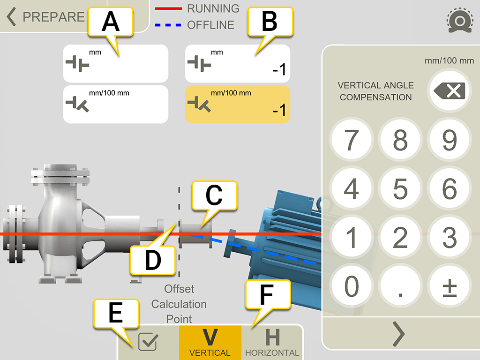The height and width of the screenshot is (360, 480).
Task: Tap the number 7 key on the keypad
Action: (352, 140)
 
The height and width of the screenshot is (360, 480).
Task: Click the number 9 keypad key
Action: (450, 140)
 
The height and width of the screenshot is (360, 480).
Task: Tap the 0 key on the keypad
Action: (352, 286)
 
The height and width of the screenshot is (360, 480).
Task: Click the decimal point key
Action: (400, 286)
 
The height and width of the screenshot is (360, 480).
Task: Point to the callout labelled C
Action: (214, 197)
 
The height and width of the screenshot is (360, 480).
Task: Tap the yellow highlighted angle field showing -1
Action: (238, 105)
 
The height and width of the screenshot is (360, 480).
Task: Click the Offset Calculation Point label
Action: (179, 304)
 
